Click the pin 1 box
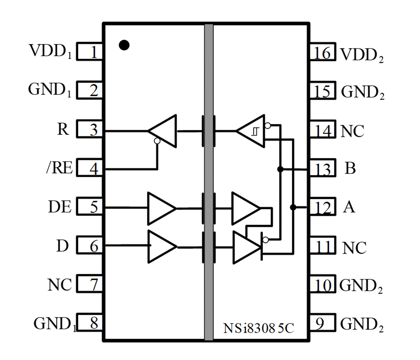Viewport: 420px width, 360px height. pos(90,52)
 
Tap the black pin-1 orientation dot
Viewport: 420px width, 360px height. pos(124,45)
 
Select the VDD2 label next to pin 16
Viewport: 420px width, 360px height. pos(362,55)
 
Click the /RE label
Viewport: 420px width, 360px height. pos(59,168)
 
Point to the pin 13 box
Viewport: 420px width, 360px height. pos(322,169)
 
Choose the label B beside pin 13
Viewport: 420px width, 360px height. pos(350,168)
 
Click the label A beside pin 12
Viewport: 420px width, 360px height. pos(348,207)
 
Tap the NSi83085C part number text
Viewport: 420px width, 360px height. pos(259,329)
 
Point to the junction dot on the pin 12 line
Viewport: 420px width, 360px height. pos(293,207)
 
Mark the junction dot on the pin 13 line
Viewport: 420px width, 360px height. pos(280,169)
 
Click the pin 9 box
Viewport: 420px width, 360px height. pos(322,324)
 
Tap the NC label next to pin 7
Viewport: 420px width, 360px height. pos(60,285)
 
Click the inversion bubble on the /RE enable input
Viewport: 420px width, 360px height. pos(157,141)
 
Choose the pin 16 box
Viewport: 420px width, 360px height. pos(322,52)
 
